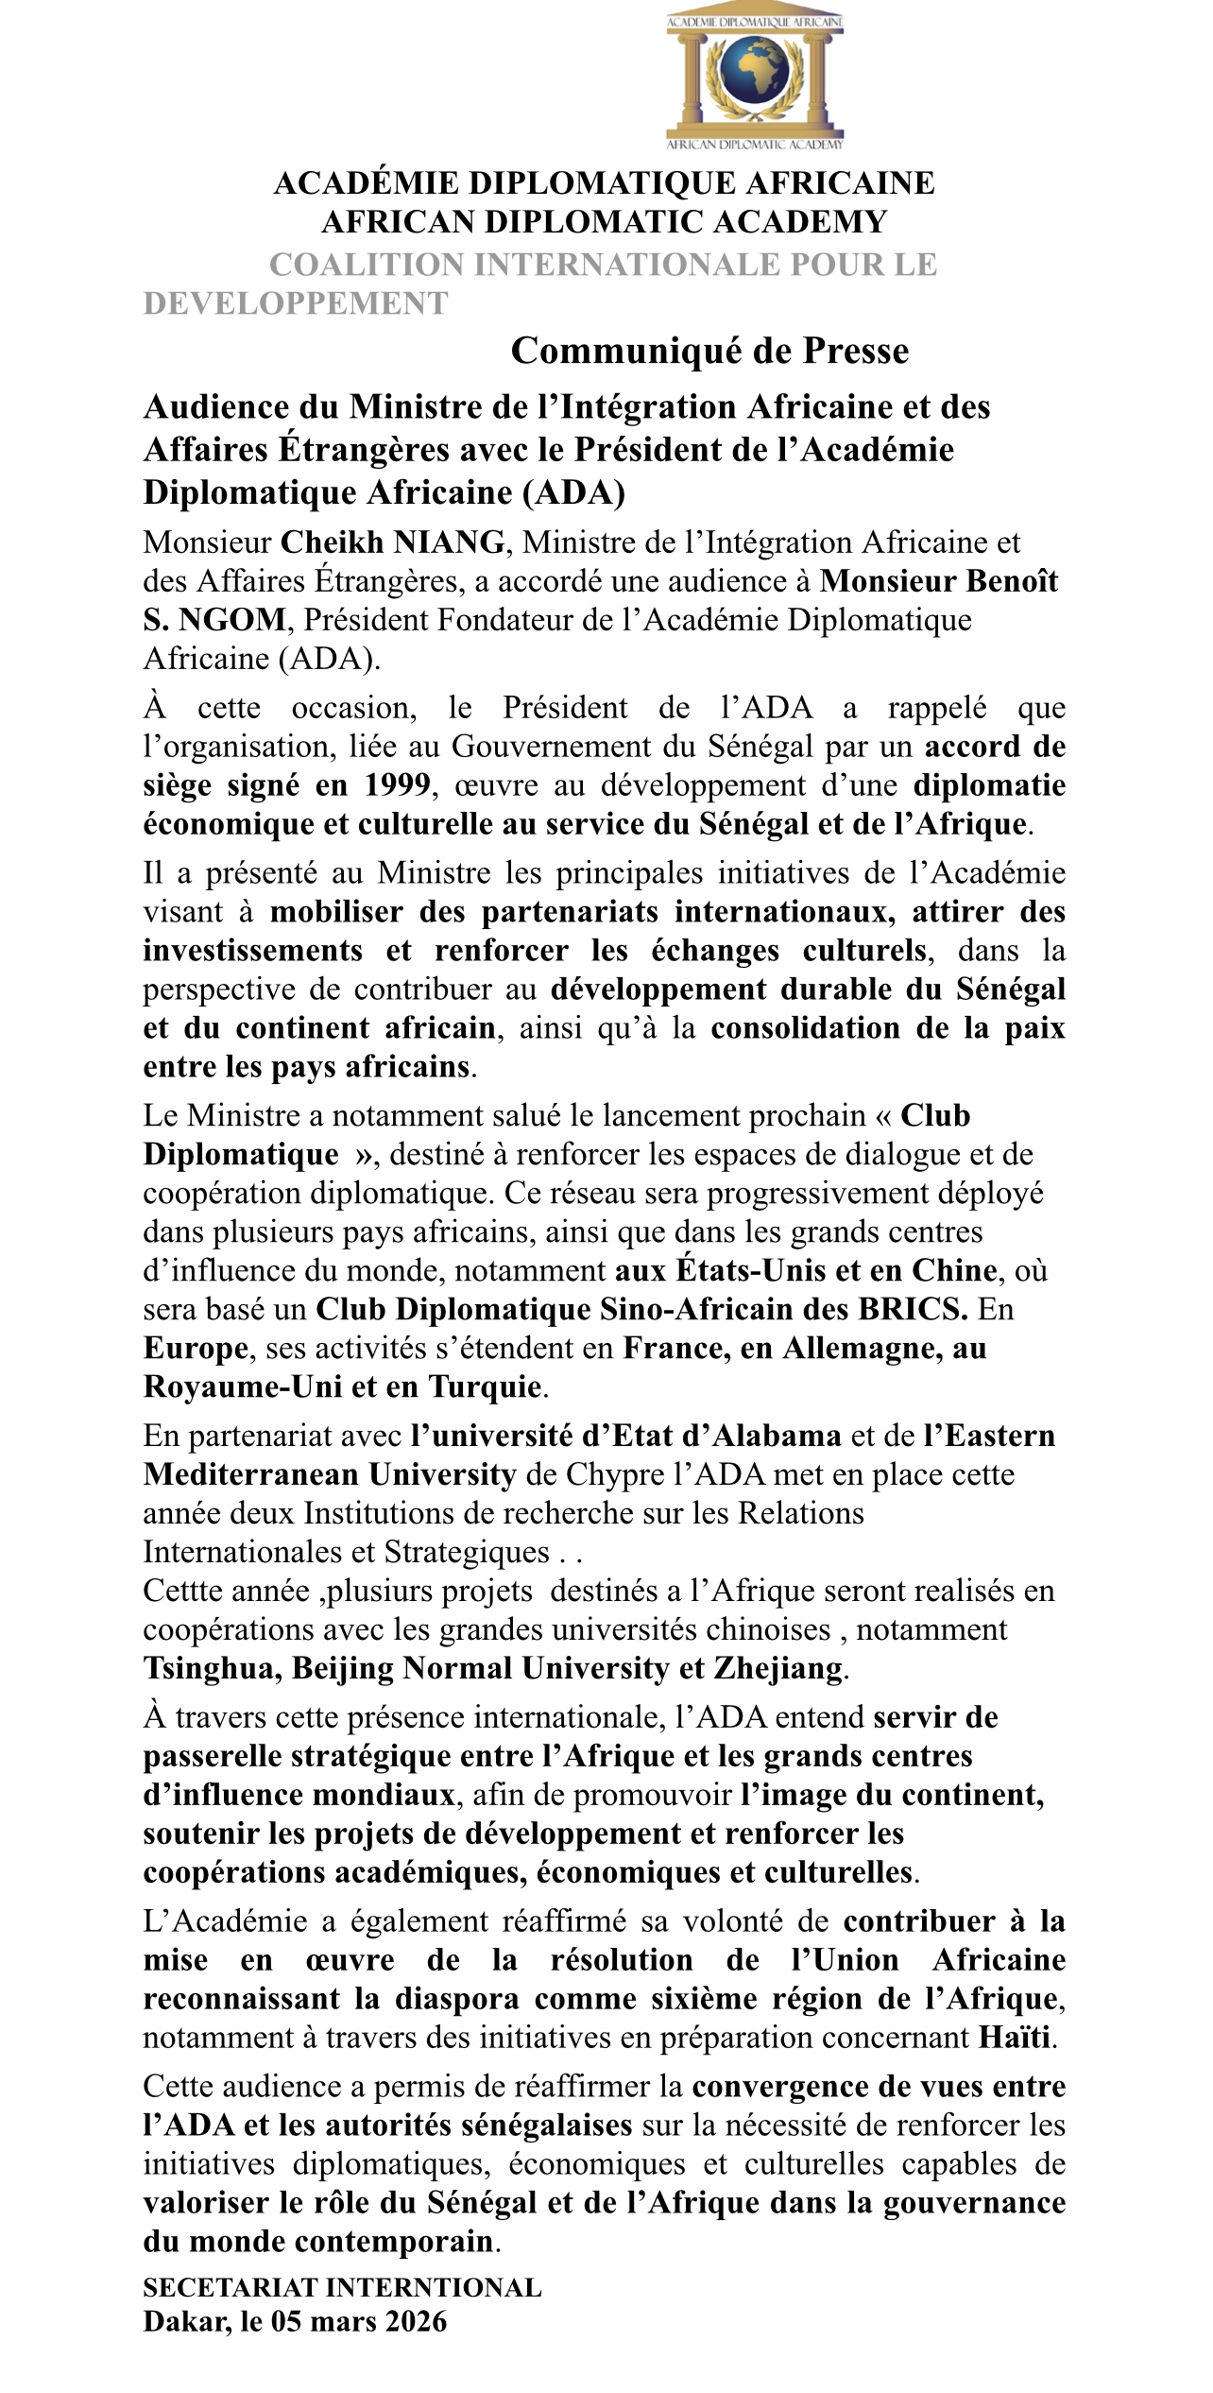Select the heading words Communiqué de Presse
709,351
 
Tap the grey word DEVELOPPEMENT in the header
296,303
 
